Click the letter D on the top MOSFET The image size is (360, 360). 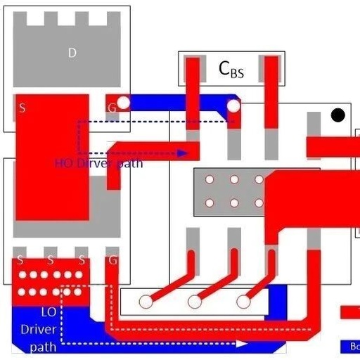coord(72,53)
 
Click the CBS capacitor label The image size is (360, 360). coord(231,68)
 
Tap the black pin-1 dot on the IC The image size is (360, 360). coord(338,115)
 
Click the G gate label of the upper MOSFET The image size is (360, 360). coord(111,107)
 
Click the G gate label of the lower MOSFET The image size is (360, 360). coord(112,261)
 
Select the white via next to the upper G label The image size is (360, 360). coord(124,103)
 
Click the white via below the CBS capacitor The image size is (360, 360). coord(233,107)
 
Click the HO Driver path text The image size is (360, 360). coord(98,163)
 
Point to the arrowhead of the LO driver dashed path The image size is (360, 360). coord(243,344)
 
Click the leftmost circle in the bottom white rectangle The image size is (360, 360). coord(146,302)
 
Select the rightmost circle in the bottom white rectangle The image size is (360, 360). coord(243,302)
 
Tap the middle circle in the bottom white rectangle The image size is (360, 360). coord(195,302)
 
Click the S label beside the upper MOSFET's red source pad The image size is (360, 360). coord(22,108)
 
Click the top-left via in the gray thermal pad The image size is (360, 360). coord(209,179)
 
